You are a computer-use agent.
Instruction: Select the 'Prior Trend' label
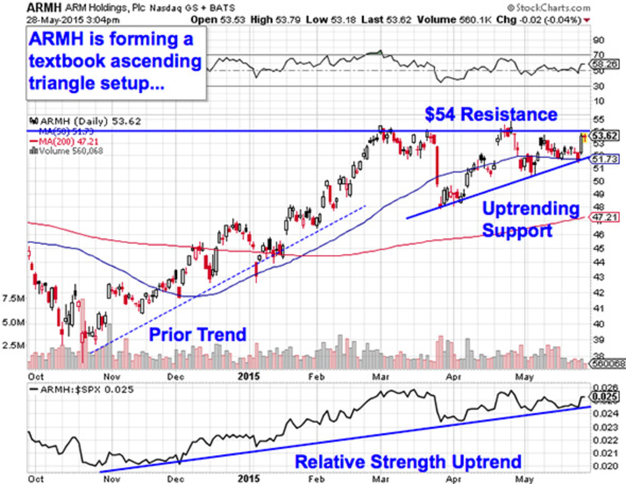tap(198, 334)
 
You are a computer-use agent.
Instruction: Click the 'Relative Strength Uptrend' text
tap(408, 461)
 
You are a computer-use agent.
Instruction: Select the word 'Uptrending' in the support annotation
tap(530, 209)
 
